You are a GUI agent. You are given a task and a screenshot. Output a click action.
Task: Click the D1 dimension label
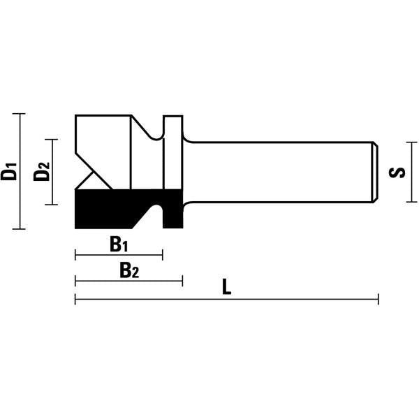click(x=9, y=171)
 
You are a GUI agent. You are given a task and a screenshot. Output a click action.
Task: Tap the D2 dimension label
click(x=42, y=171)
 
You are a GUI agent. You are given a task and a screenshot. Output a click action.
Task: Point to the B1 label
click(x=119, y=244)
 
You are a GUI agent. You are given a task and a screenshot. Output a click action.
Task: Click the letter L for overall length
click(x=226, y=287)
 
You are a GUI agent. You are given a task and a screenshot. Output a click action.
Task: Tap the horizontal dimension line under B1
click(x=105, y=256)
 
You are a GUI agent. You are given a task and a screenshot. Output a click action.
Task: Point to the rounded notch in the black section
click(x=159, y=209)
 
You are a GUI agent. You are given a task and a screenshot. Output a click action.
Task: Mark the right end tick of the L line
click(x=378, y=300)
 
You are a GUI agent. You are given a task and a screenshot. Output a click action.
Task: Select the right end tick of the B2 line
click(x=182, y=281)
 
